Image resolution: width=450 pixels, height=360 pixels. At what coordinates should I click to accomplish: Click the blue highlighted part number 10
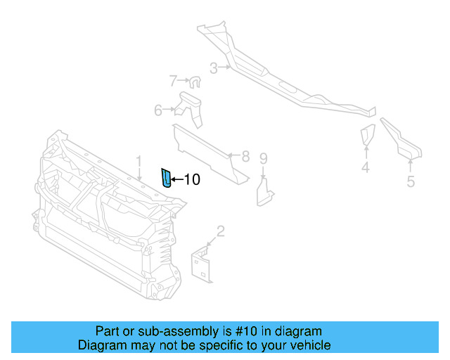(166, 179)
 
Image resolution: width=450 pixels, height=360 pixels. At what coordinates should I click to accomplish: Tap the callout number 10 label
(191, 180)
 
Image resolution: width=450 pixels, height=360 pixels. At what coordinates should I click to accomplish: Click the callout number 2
(220, 231)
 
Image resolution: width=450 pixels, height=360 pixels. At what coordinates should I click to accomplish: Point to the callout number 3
(213, 68)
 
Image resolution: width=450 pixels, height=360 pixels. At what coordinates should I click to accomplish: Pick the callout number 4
(366, 167)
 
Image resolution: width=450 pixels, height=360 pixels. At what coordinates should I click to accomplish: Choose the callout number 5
(411, 181)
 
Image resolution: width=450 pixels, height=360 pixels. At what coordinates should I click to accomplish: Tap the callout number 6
(159, 110)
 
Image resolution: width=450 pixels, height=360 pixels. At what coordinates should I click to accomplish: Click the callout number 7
(173, 81)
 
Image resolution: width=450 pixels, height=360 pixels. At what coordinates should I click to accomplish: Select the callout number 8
(245, 156)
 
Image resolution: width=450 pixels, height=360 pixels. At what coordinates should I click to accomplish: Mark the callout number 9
(264, 158)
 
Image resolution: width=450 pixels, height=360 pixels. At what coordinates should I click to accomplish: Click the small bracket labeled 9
(266, 192)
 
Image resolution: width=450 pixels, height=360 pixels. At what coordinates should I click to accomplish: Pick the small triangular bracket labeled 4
(367, 135)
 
